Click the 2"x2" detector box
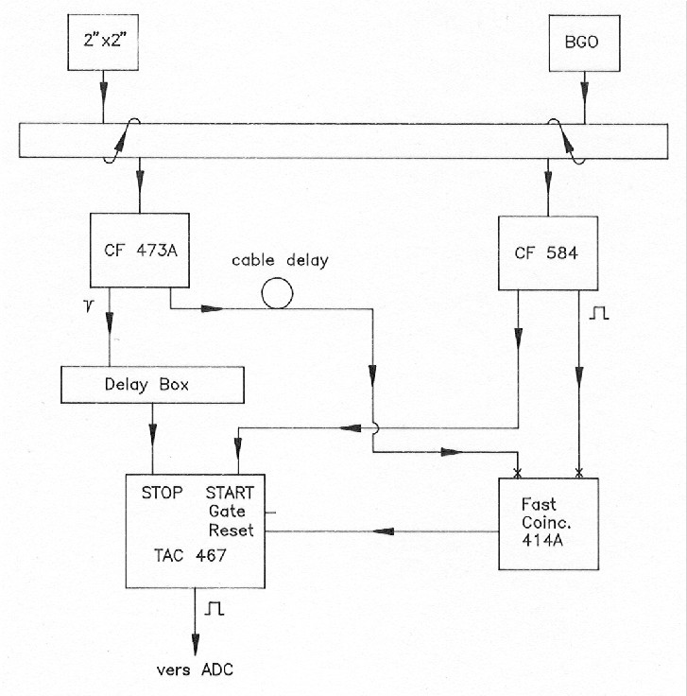103,43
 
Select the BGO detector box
585,43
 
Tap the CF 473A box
140,251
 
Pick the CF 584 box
548,253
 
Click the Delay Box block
152,385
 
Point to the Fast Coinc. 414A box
549,524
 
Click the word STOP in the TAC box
162,493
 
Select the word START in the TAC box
230,493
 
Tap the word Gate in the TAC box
227,512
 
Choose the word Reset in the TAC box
232,530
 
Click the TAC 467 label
190,555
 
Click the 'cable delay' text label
281,260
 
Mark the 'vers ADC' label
195,670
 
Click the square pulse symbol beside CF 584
599,313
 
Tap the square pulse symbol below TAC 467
215,608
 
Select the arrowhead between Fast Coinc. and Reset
384,531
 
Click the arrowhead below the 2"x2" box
103,94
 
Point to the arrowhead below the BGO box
585,92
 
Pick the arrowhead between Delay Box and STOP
152,435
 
